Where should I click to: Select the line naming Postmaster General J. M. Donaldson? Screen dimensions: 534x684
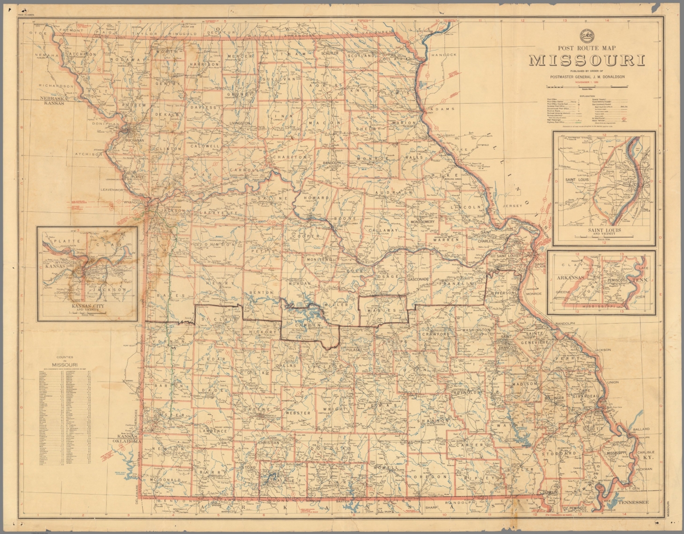[587, 77]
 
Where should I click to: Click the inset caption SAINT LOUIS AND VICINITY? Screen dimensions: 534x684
[604, 232]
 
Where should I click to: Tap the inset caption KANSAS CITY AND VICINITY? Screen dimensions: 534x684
[87, 308]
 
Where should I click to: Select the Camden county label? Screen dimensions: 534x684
[308, 325]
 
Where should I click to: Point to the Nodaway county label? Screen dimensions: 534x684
[128, 59]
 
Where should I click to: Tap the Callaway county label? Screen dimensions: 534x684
[383, 230]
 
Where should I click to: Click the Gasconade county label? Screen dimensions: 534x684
[418, 279]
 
